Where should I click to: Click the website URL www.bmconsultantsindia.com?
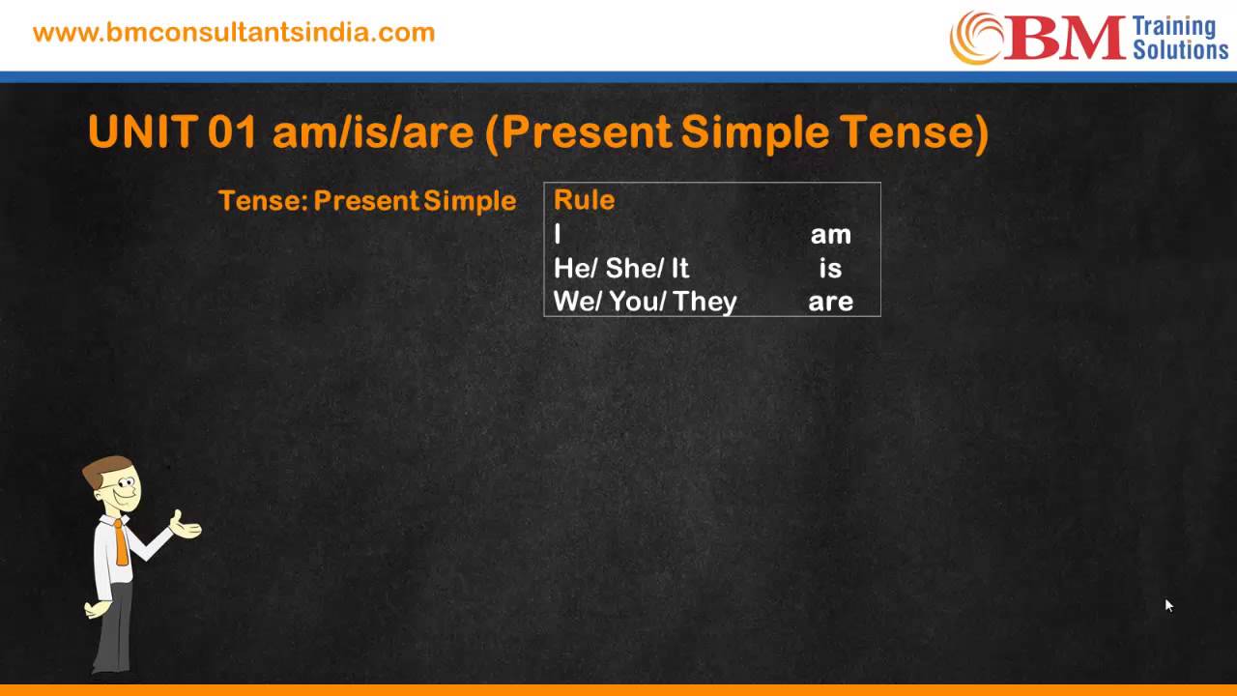(234, 32)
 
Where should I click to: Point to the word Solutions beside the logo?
(1179, 49)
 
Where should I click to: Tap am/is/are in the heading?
(373, 131)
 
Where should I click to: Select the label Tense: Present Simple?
(367, 201)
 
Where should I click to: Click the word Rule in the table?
(584, 200)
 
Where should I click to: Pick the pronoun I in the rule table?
(558, 235)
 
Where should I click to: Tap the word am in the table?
(830, 235)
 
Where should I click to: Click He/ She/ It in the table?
(621, 268)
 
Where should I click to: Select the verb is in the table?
(830, 268)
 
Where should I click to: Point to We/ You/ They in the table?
(645, 302)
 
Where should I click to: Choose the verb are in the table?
(830, 302)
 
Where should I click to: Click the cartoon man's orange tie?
(120, 542)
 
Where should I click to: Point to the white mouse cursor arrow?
(1167, 605)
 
